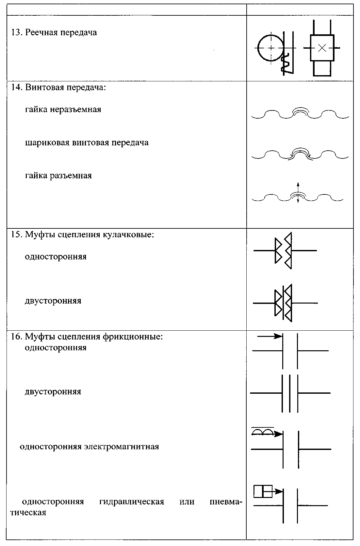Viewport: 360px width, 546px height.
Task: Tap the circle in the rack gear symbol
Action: pos(271,48)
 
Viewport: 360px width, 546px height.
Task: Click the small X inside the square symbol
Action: pos(322,48)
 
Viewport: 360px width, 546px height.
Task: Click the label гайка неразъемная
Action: pos(63,109)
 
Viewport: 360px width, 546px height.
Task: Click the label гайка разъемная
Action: pos(58,176)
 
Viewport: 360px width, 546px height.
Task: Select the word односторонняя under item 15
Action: pos(56,257)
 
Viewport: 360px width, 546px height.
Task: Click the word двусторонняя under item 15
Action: pos(53,301)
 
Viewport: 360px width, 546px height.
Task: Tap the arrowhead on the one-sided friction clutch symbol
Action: pos(278,336)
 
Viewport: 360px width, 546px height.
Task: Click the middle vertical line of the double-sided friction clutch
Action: pos(289,393)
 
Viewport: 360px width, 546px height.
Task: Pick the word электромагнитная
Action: pos(122,447)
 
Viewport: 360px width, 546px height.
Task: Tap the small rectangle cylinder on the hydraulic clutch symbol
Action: pos(263,491)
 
